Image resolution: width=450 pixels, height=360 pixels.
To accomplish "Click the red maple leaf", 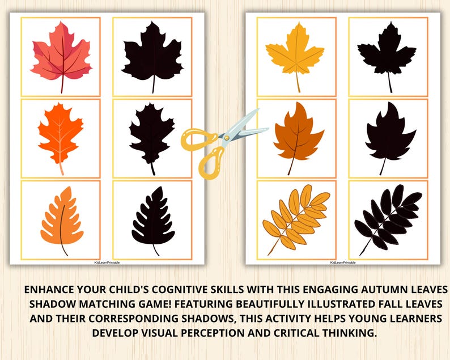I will (x=61, y=54).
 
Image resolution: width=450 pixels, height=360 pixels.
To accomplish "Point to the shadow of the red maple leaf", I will (x=152, y=54).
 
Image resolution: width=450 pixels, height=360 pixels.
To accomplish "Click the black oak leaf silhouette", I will (x=152, y=136).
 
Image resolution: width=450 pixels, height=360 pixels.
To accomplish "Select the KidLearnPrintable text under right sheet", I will (x=343, y=262).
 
